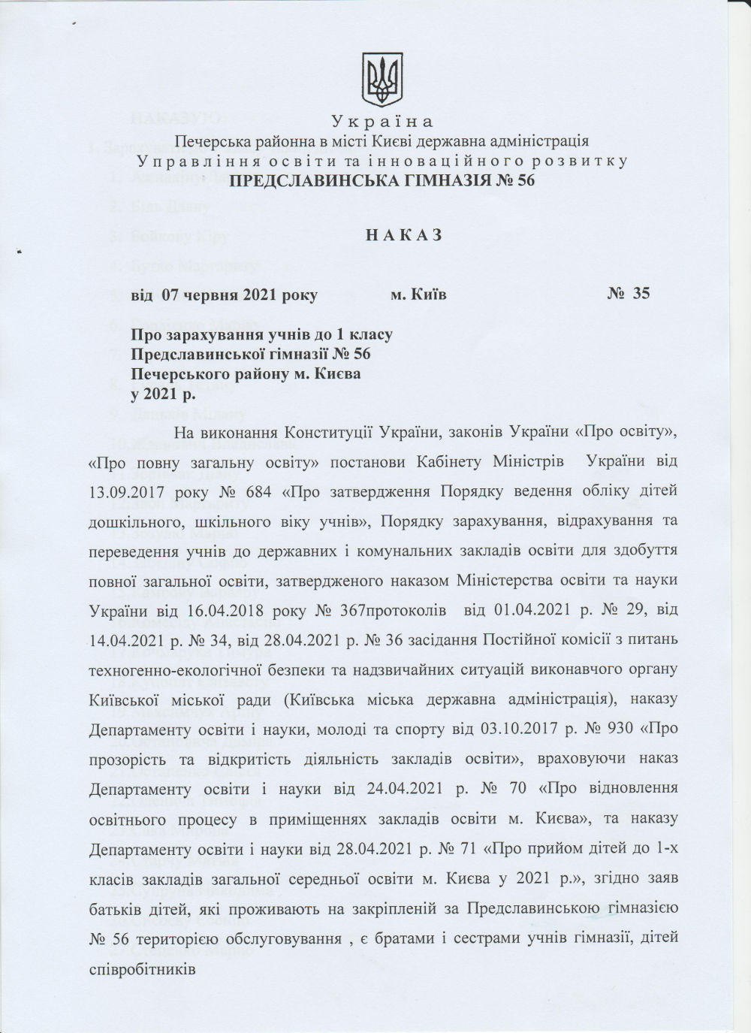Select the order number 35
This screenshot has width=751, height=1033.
(x=640, y=294)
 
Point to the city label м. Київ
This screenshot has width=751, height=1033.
(x=418, y=294)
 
